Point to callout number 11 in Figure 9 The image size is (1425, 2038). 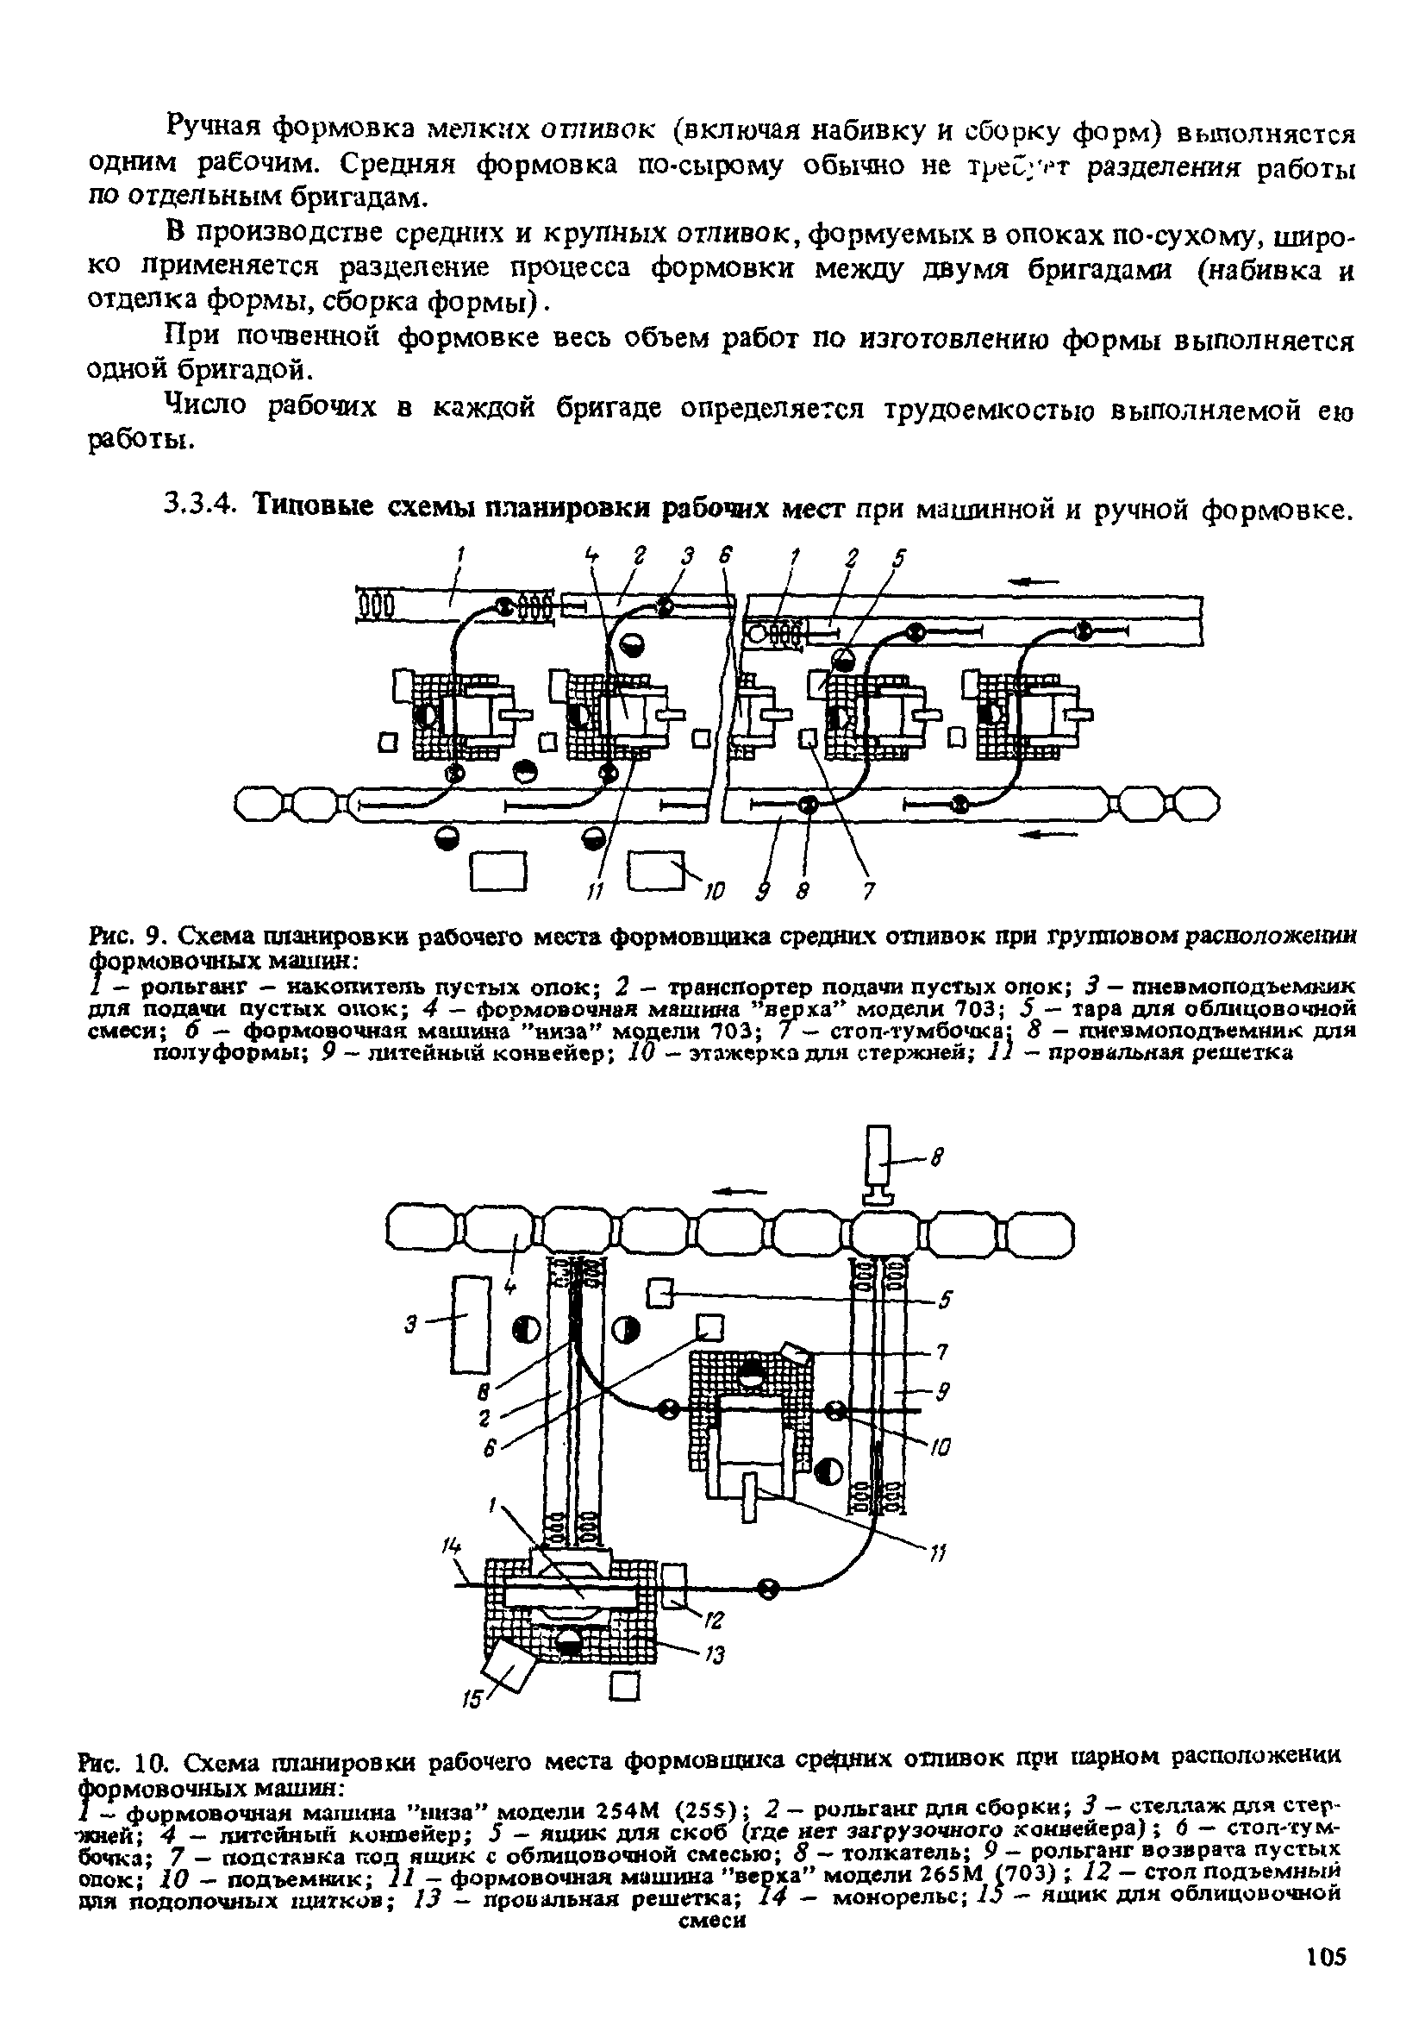596,888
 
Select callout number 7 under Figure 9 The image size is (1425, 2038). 869,888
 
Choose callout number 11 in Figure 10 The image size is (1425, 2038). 937,1553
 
